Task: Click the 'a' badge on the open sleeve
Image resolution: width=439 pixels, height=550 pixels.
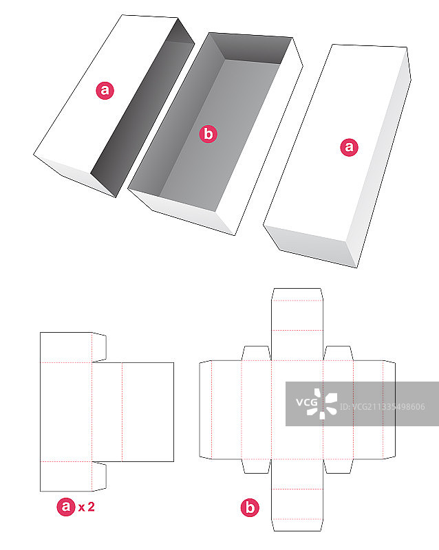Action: (105, 91)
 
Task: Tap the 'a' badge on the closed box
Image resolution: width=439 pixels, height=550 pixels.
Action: (349, 146)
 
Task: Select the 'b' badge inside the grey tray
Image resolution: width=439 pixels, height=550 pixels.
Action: (208, 134)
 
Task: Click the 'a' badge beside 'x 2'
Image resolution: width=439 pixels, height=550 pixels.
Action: (66, 507)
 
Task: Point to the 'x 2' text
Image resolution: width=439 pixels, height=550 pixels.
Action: (87, 507)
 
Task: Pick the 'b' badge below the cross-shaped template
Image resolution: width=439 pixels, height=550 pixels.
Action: (250, 507)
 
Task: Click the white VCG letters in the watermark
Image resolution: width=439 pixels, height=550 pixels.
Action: (307, 402)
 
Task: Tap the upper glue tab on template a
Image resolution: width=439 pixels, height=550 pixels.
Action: (99, 347)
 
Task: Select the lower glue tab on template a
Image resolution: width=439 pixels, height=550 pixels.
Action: (99, 476)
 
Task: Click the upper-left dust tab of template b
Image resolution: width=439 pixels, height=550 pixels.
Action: (257, 353)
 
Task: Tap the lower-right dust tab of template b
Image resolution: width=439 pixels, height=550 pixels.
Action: (339, 466)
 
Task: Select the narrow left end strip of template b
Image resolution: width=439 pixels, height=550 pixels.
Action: (206, 410)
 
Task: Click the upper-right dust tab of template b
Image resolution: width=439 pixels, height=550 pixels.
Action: (339, 353)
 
